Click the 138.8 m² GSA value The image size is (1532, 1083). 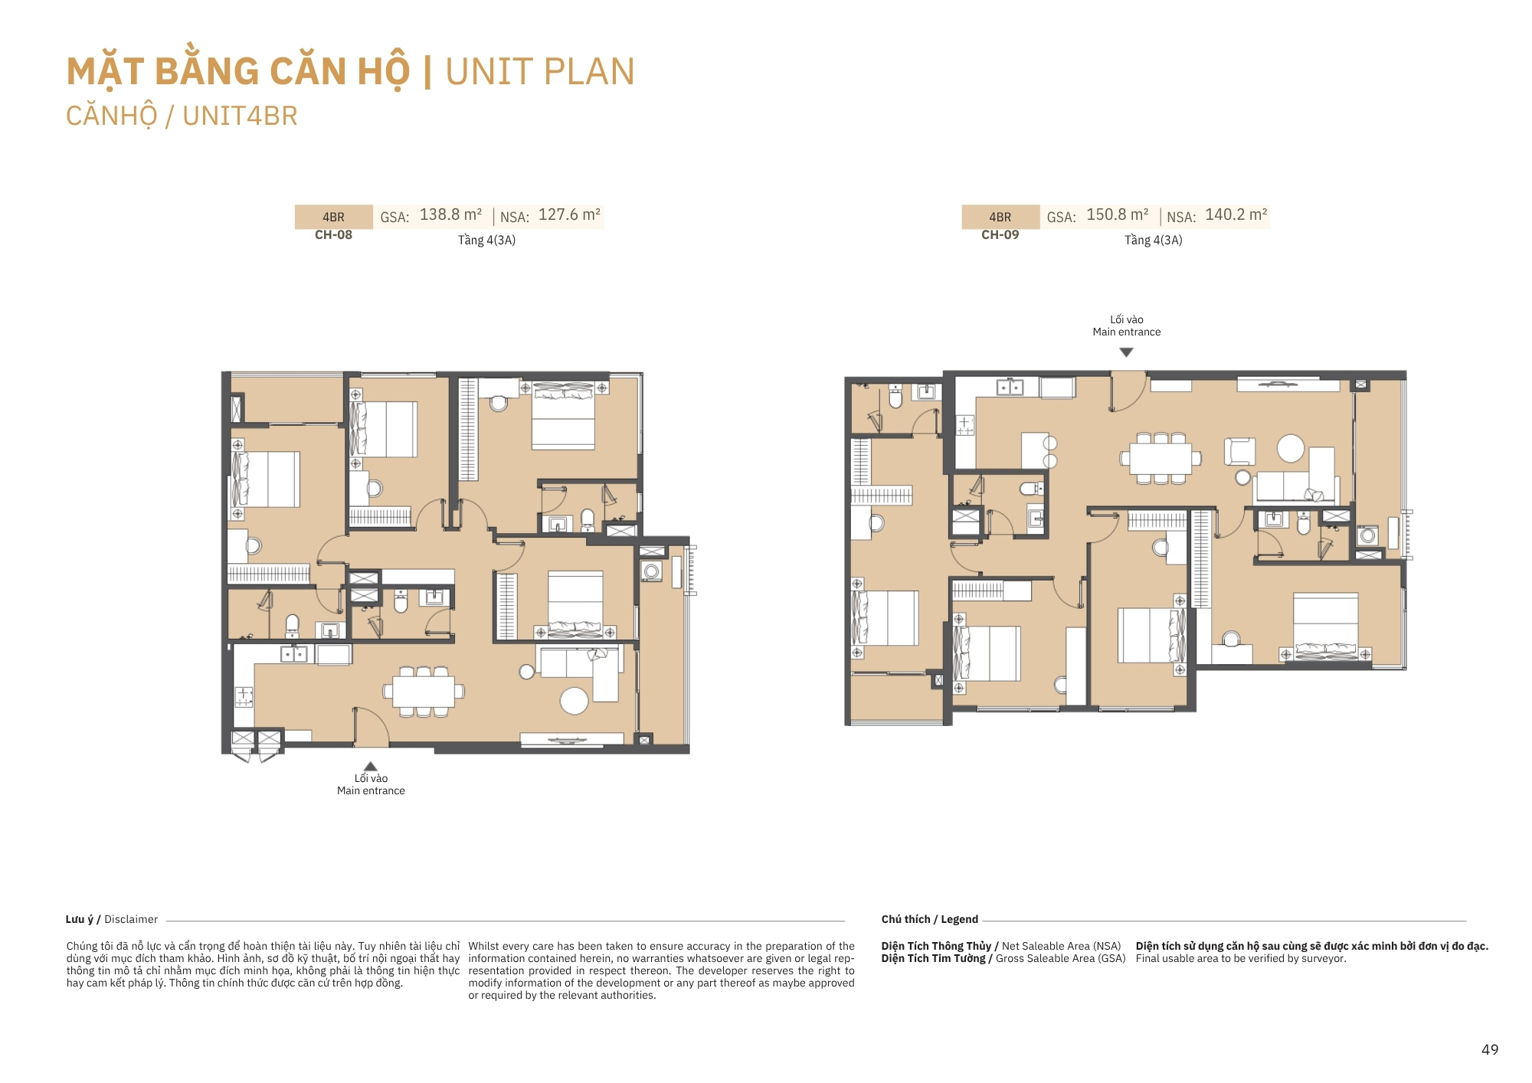click(x=450, y=215)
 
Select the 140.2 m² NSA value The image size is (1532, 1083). click(x=1236, y=215)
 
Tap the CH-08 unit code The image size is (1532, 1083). click(x=333, y=235)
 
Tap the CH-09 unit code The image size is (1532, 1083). click(x=1000, y=235)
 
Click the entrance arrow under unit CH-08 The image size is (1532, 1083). click(x=371, y=766)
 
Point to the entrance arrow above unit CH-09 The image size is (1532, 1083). click(x=1126, y=352)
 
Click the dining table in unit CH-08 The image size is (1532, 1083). click(x=423, y=692)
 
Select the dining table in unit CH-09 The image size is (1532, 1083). click(x=1160, y=459)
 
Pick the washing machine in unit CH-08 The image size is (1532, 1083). click(x=652, y=571)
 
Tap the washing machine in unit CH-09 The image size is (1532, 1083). click(x=1368, y=535)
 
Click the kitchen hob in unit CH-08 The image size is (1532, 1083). click(x=244, y=697)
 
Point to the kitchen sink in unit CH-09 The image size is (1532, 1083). click(x=1010, y=388)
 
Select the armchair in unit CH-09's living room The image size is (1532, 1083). click(x=1239, y=451)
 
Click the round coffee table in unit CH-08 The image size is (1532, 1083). click(x=574, y=700)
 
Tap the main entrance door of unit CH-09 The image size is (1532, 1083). click(x=1127, y=391)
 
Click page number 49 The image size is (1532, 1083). click(x=1490, y=1050)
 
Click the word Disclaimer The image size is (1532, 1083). click(x=131, y=919)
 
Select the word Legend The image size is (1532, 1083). click(x=959, y=919)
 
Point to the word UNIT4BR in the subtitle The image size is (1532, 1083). click(x=240, y=116)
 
